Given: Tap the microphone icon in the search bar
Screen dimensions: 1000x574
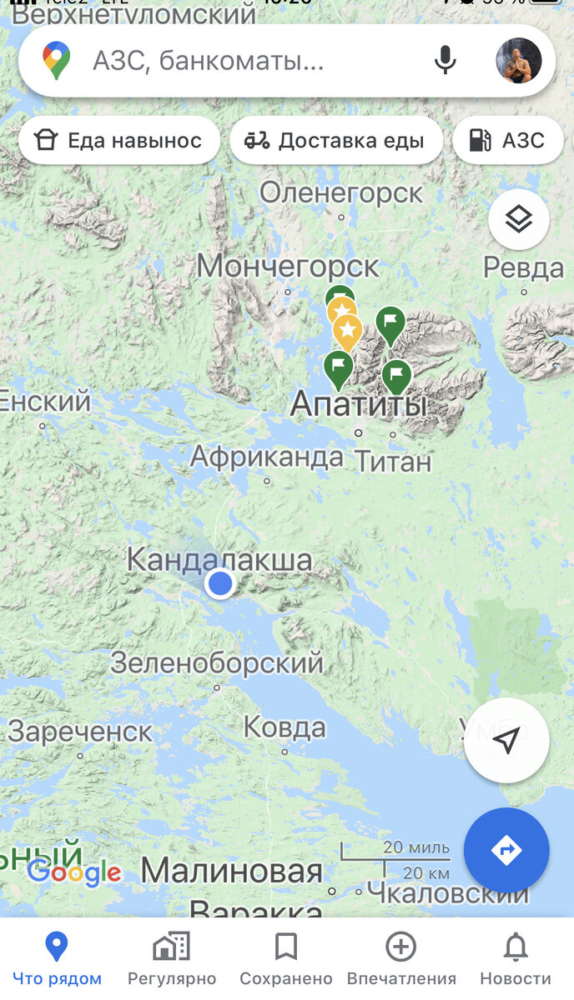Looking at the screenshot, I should click(x=446, y=61).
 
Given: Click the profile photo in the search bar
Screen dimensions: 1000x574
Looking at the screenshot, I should click(x=518, y=61).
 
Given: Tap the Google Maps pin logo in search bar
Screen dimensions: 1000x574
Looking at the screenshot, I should click(x=57, y=61).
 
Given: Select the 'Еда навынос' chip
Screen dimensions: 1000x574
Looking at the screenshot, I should click(x=118, y=141).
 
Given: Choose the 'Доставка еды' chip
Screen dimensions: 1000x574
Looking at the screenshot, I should click(x=335, y=141).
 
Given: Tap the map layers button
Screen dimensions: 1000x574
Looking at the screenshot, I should click(x=518, y=220).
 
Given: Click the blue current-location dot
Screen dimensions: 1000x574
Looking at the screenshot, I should click(x=220, y=583).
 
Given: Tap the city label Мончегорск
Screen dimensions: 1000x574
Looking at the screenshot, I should click(x=288, y=267).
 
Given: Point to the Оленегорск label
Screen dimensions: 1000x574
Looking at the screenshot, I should click(x=341, y=193).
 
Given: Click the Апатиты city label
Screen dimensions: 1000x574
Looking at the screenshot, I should click(x=359, y=406).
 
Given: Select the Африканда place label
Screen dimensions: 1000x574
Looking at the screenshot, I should click(x=267, y=457).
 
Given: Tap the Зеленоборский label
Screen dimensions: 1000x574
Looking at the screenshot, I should click(x=217, y=663).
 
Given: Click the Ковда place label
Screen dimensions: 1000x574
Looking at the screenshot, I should click(x=284, y=727).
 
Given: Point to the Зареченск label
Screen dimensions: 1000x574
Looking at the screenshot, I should click(x=80, y=732).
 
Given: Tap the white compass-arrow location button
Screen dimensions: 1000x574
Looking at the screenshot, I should click(x=506, y=740).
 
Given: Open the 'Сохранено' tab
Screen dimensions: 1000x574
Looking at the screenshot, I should click(x=286, y=958).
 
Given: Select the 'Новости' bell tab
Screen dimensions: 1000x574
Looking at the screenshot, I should click(x=516, y=958).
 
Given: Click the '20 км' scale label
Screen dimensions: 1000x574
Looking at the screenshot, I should click(x=426, y=873).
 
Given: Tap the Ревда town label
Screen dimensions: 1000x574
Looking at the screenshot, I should click(x=524, y=268).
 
